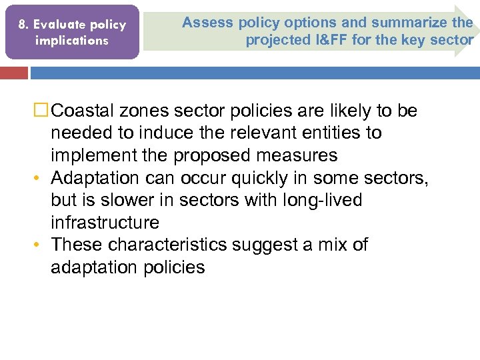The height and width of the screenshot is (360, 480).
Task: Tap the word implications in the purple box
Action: (x=71, y=40)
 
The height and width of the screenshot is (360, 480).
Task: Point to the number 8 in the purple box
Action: (x=22, y=25)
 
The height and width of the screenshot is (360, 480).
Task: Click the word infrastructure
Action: (x=105, y=223)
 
